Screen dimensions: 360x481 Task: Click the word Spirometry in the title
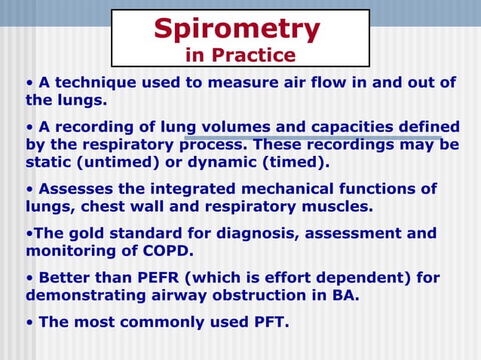(237, 29)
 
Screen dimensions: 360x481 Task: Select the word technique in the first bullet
(97, 82)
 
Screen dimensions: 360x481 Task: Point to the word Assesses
(74, 188)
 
